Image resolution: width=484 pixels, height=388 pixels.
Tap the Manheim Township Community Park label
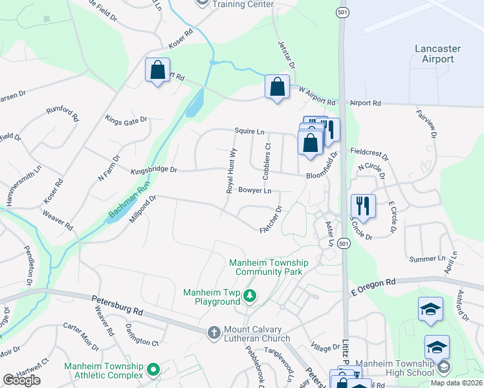[x=269, y=268]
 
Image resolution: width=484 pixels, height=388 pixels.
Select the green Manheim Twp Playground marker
[x=250, y=297]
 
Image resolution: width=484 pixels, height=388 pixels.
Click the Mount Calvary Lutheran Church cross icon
[x=214, y=332]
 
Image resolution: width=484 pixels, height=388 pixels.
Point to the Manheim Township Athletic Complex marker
[x=153, y=369]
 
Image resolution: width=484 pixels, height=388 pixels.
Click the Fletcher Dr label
[x=270, y=220]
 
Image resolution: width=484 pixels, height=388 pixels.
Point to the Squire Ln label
[x=250, y=132]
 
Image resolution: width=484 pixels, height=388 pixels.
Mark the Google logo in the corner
[x=22, y=380]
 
